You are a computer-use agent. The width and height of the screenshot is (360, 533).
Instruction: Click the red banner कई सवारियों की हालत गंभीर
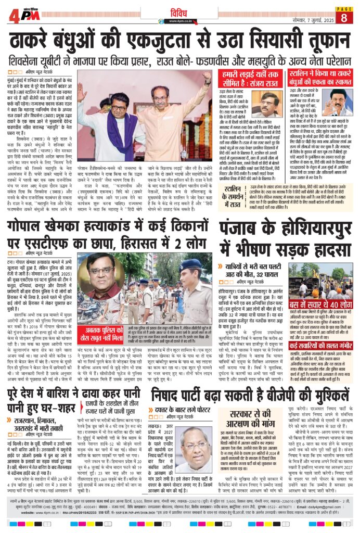[x=326, y=344]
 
